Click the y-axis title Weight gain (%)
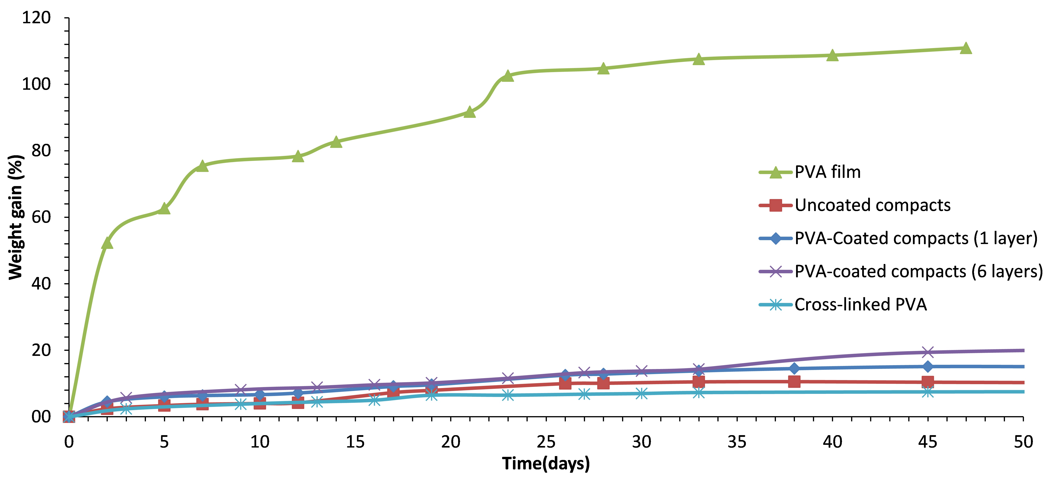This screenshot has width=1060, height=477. click(x=16, y=217)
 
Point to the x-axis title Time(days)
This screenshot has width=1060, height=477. click(x=546, y=463)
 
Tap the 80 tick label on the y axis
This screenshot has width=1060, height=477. click(x=41, y=151)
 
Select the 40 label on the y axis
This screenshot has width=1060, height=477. click(x=41, y=284)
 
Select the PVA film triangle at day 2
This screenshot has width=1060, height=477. click(x=107, y=243)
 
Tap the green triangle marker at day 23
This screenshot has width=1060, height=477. click(x=508, y=76)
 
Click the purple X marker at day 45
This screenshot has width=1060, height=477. click(x=927, y=352)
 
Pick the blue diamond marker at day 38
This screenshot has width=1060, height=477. click(x=794, y=368)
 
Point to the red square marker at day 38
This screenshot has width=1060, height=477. click(x=794, y=381)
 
